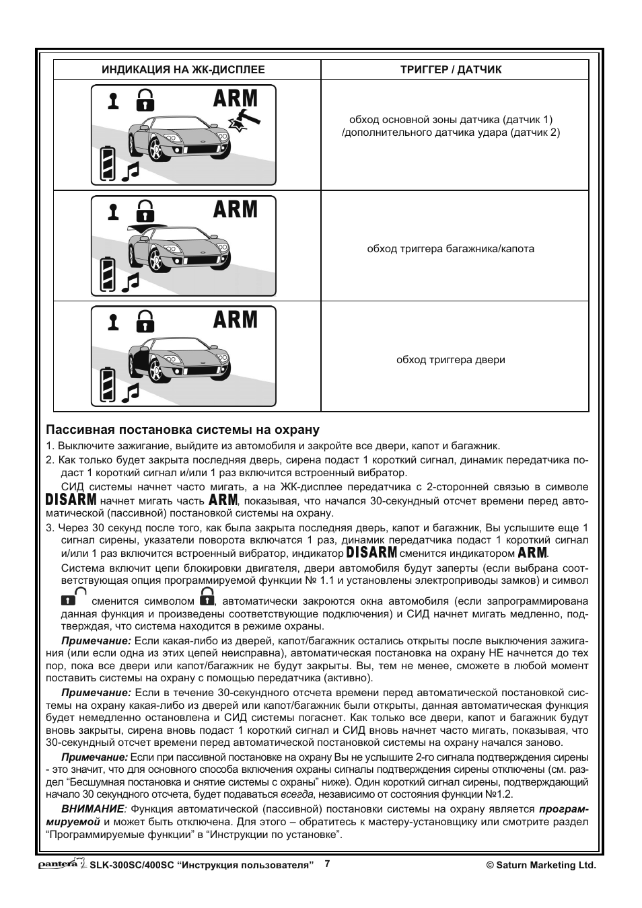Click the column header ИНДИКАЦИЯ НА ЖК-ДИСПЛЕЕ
pos(183,70)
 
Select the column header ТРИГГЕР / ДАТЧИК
pos(451,70)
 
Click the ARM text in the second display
pos(236,209)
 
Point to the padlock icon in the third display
pos(145,321)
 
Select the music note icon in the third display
pos(130,392)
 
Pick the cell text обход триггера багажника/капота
pos(450,249)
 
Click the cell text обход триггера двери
pos(450,360)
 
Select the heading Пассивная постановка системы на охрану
pos(182,430)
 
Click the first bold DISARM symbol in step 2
pos(71,500)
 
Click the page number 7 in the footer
pos(327,864)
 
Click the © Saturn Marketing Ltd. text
pos(541,866)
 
